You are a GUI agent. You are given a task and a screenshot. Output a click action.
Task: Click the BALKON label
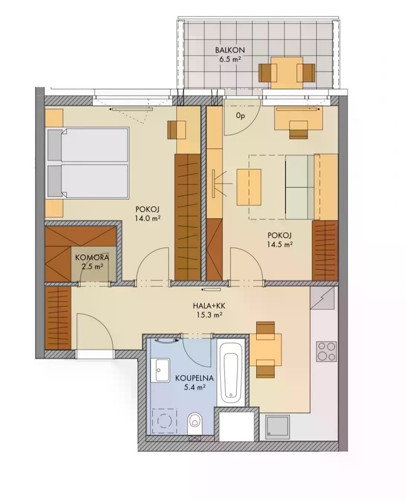coord(230,50)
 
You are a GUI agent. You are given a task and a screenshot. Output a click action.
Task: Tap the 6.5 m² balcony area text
coord(230,59)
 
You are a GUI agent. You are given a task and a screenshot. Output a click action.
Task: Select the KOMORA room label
coord(92,257)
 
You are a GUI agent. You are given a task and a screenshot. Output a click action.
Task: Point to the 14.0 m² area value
coord(147,218)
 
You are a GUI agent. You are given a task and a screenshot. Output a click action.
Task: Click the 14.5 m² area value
coord(280,245)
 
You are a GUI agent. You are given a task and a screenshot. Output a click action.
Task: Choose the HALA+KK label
coord(209,306)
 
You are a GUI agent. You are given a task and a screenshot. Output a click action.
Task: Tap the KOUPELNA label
coord(194,378)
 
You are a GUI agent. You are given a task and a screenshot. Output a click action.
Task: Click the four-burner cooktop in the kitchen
coord(327,351)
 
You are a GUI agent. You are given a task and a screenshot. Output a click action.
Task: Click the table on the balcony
coord(287,73)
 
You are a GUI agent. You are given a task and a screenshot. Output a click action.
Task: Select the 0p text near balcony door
coord(240,117)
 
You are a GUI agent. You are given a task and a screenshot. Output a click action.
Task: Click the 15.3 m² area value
coord(209,315)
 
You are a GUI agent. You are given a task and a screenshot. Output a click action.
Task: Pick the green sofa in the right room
coord(300,187)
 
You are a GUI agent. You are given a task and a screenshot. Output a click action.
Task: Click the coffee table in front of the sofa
coord(249,187)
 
